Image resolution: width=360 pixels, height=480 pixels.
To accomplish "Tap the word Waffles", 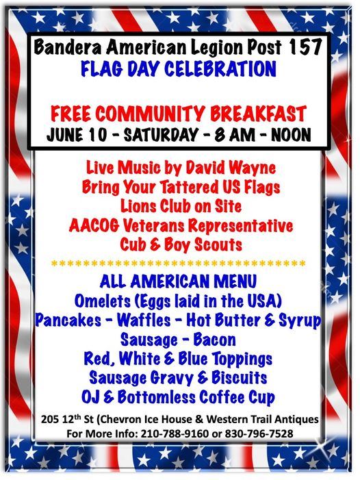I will tap(165, 320).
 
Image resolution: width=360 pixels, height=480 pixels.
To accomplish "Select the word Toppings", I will tap(233, 359).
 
